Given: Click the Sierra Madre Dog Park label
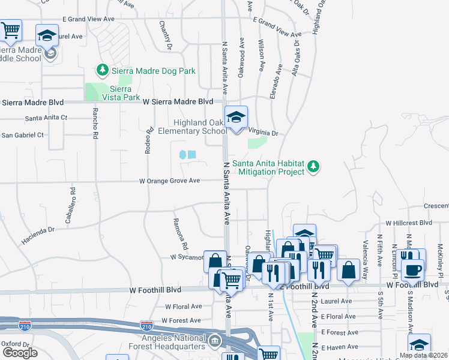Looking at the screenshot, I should coord(154,71).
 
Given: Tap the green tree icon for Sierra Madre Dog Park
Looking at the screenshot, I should coord(103,71).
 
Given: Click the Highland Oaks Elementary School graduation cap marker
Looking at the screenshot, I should coord(237,117).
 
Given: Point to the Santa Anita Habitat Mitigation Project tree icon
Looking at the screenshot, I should coord(313,167).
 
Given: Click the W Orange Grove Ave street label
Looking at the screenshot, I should coord(169,181).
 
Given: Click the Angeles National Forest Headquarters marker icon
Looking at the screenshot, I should coord(215,341).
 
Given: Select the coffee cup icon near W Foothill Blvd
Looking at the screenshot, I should coord(412,269).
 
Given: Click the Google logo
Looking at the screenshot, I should coord(19,353).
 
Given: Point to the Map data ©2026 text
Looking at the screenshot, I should coord(423,355).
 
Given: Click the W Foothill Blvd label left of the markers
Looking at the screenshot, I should coord(155,290).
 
